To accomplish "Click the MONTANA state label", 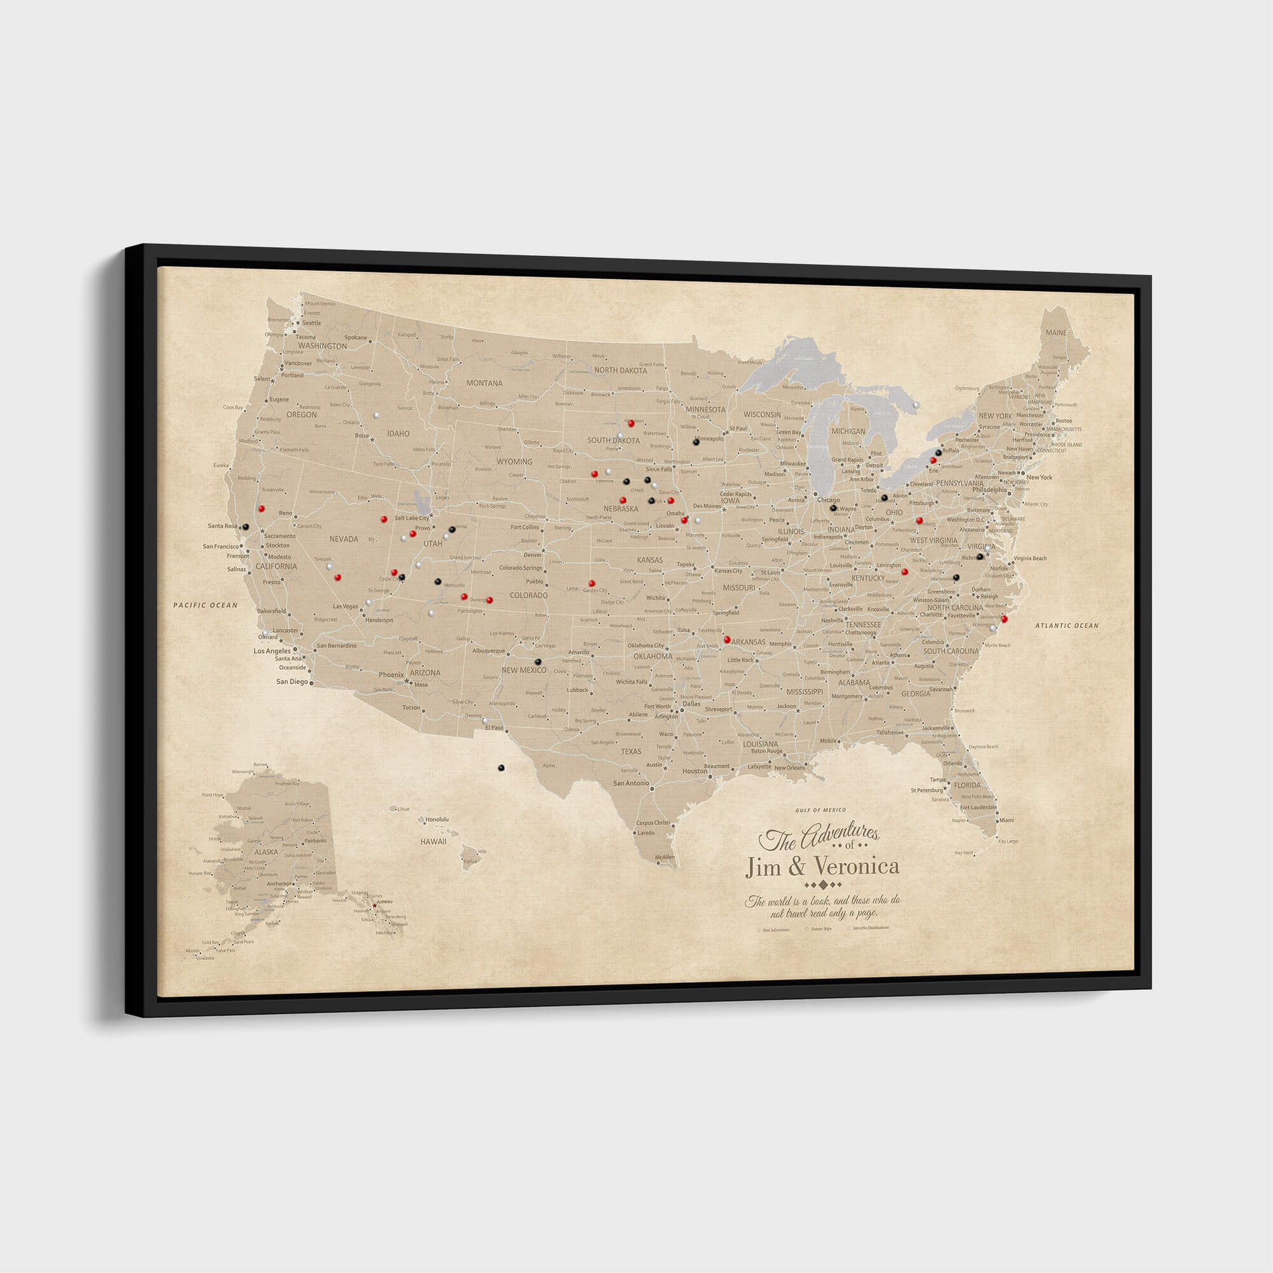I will (x=484, y=383).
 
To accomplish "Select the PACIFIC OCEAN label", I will (x=205, y=605).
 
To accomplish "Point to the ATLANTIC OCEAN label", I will (x=1067, y=625).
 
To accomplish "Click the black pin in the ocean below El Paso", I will (x=501, y=768).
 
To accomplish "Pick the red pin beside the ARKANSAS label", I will (x=728, y=639).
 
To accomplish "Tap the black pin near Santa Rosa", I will (x=245, y=527).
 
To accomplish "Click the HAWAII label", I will (x=433, y=841).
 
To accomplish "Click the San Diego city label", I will (x=292, y=682).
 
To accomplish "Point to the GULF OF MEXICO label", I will (x=820, y=810).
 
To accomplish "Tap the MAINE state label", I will (x=1055, y=333).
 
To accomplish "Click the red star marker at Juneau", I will (x=375, y=906).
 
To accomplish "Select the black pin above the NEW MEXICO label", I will (x=538, y=661).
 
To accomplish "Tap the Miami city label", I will (x=1006, y=820).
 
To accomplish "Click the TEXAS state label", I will (x=631, y=751).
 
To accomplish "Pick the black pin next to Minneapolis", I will (x=696, y=442).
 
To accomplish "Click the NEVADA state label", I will (x=343, y=539).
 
